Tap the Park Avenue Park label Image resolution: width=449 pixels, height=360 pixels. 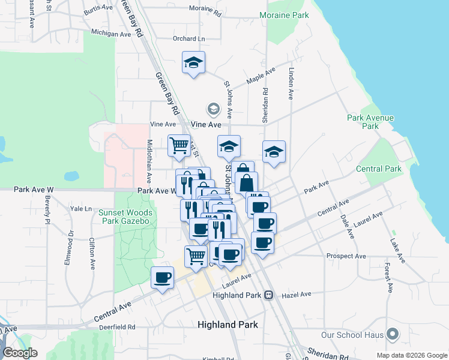(x=370, y=122)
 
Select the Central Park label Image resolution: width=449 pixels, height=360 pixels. (x=378, y=169)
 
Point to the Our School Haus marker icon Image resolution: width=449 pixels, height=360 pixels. (x=393, y=334)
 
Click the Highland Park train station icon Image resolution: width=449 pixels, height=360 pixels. (x=268, y=295)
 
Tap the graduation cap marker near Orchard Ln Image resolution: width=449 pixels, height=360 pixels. (x=194, y=62)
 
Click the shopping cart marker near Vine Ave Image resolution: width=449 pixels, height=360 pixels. (x=179, y=145)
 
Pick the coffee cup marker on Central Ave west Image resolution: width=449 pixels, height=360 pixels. (x=162, y=277)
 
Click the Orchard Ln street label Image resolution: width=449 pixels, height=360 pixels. (x=188, y=38)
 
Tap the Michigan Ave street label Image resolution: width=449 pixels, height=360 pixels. (x=110, y=34)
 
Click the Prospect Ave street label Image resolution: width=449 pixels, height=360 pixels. (x=346, y=256)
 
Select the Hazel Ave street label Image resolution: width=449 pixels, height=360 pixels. (x=297, y=295)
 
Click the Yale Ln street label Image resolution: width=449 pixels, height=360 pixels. (x=80, y=209)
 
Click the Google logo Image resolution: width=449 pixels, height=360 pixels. (x=20, y=353)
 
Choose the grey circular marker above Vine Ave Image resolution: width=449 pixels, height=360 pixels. (x=212, y=109)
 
